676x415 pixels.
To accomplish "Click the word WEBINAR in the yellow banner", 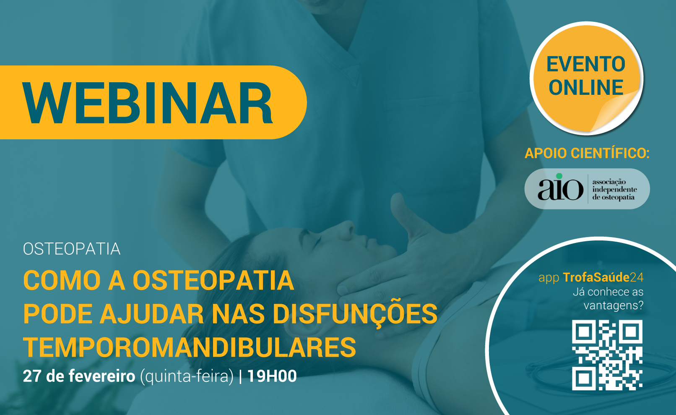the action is click(x=148, y=103).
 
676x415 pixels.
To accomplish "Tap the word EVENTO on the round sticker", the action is click(x=586, y=64).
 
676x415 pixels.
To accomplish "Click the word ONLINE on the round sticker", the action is click(x=586, y=88).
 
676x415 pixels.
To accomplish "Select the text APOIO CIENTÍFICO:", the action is click(x=587, y=153).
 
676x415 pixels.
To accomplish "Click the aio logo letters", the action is click(x=560, y=189).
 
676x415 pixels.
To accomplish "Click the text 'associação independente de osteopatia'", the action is click(x=614, y=190).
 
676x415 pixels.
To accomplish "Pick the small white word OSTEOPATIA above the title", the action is click(x=72, y=249).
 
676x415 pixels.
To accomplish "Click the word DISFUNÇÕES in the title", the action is click(x=355, y=314).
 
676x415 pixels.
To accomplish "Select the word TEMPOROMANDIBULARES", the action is click(x=190, y=347).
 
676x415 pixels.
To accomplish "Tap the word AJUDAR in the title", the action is click(x=152, y=314).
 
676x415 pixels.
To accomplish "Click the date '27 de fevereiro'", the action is click(x=79, y=376).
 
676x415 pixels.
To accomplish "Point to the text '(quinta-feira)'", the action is click(x=187, y=377).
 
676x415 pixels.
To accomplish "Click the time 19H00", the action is click(x=272, y=376).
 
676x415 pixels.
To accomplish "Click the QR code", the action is click(x=607, y=355).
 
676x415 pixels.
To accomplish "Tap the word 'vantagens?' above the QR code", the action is click(x=614, y=305).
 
